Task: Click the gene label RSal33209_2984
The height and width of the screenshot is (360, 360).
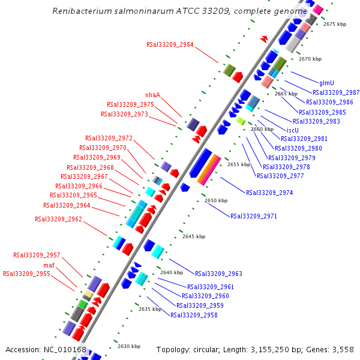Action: pyautogui.click(x=170, y=44)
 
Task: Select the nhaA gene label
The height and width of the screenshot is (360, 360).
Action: pyautogui.click(x=152, y=95)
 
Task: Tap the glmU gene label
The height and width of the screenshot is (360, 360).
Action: pyautogui.click(x=326, y=83)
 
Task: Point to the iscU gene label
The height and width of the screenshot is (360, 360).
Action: pyautogui.click(x=293, y=130)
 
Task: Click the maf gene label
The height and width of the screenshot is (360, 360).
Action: pyautogui.click(x=49, y=265)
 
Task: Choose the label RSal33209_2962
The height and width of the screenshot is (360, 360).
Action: pyautogui.click(x=58, y=219)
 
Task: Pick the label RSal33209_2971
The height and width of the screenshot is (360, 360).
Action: pyautogui.click(x=254, y=215)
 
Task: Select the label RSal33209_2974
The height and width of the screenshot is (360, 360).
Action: pyautogui.click(x=269, y=193)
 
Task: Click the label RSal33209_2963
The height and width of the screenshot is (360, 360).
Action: pyautogui.click(x=218, y=274)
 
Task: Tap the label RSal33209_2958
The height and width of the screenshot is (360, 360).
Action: pyautogui.click(x=194, y=315)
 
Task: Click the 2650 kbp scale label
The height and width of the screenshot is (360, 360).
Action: pyautogui.click(x=216, y=200)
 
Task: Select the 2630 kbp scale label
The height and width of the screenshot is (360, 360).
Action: pyautogui.click(x=128, y=346)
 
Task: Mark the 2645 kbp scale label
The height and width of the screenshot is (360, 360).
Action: pyautogui.click(x=194, y=236)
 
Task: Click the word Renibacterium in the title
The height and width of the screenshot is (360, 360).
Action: pyautogui.click(x=78, y=11)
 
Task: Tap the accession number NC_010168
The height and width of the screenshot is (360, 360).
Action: pyautogui.click(x=65, y=349)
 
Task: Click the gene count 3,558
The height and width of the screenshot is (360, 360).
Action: pyautogui.click(x=342, y=349)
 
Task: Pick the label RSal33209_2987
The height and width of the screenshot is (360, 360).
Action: pyautogui.click(x=336, y=92)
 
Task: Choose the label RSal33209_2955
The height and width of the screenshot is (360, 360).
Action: pyautogui.click(x=26, y=274)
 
